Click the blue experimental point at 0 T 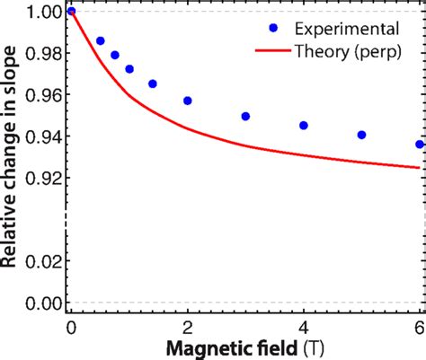[x=72, y=12]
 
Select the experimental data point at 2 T [x=187, y=101]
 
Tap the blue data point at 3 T [x=245, y=116]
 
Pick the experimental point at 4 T [x=304, y=126]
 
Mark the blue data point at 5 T [x=361, y=135]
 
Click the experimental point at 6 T [x=419, y=144]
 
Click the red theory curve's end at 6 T [x=418, y=167]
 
